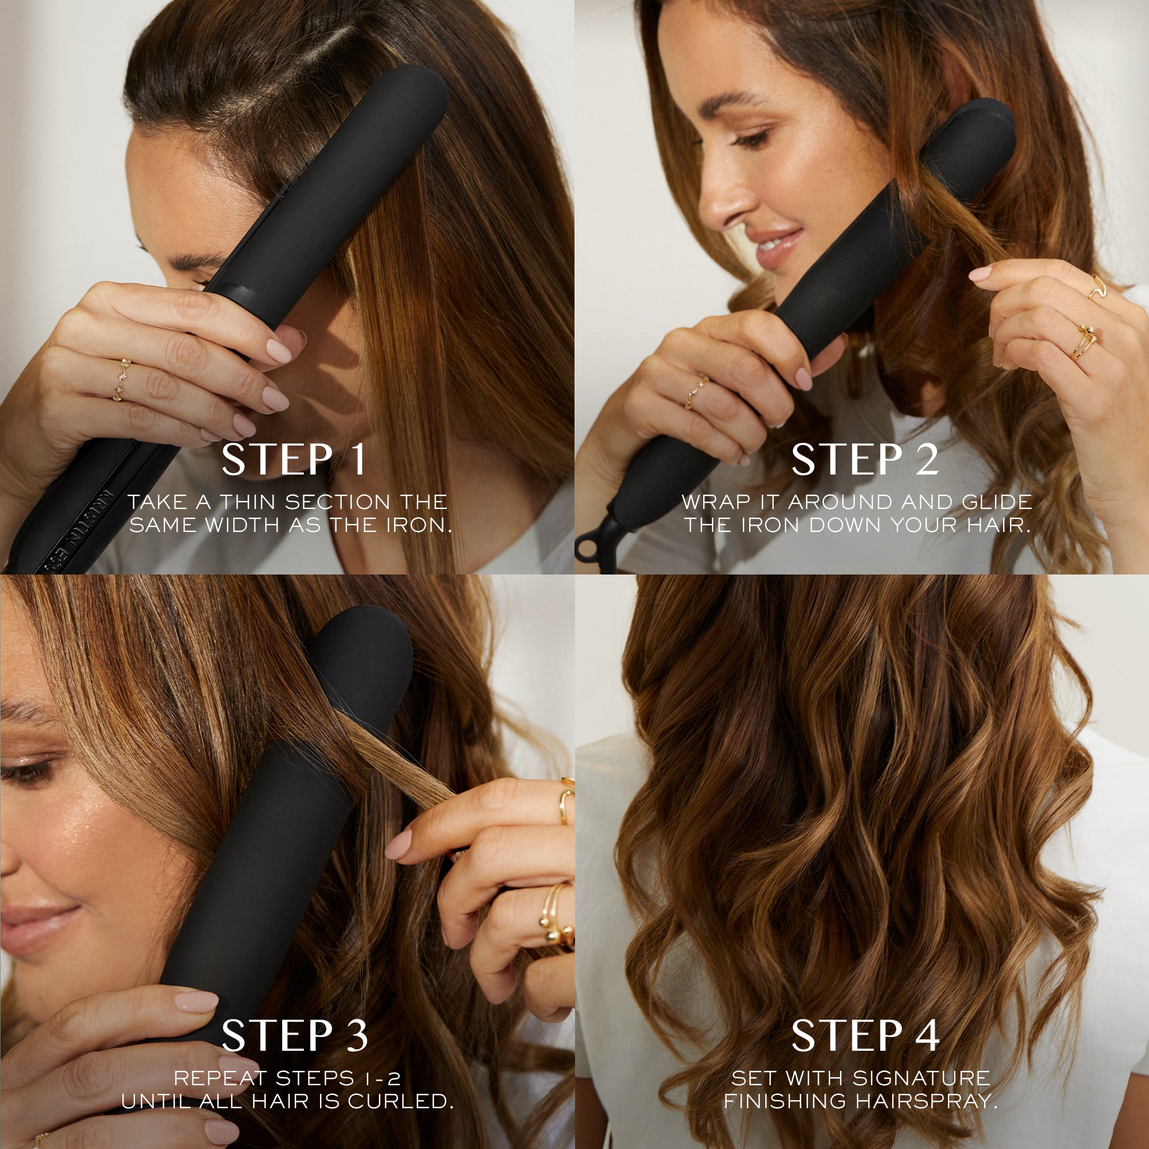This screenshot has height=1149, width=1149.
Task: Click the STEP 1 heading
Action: (294, 460)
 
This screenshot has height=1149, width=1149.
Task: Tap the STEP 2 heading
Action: (864, 460)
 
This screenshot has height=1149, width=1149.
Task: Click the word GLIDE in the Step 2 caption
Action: (997, 502)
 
